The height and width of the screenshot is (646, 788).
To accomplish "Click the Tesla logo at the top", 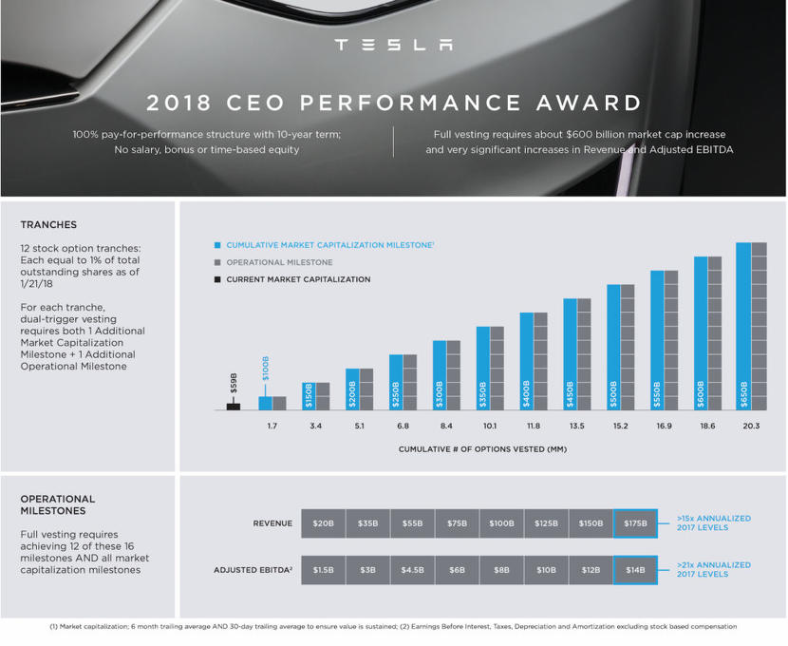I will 394,45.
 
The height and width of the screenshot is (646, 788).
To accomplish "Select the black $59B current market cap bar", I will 234,406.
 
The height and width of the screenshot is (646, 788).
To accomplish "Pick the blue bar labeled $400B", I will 526,361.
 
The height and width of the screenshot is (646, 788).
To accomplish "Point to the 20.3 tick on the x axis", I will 751,427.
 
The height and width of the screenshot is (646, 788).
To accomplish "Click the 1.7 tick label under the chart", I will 272,427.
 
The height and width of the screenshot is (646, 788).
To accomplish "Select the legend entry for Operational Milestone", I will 279,262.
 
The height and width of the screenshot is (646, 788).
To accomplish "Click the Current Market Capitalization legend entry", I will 298,279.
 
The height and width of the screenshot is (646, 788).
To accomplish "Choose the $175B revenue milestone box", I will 635,523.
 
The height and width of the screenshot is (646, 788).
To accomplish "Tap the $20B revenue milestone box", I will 323,523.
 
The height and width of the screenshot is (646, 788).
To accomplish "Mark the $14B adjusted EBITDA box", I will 635,570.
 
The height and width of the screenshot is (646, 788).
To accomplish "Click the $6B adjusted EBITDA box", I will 457,570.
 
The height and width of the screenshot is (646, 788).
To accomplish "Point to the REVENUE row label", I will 272,523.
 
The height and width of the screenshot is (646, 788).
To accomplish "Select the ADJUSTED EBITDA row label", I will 253,570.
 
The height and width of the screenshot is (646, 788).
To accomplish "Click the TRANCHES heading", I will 48,225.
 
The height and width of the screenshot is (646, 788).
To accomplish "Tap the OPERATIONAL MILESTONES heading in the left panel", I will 58,504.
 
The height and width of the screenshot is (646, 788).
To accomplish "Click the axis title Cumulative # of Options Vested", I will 481,449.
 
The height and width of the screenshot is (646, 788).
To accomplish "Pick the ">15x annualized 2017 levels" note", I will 713,523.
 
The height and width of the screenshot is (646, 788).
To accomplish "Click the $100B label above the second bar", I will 266,368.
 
